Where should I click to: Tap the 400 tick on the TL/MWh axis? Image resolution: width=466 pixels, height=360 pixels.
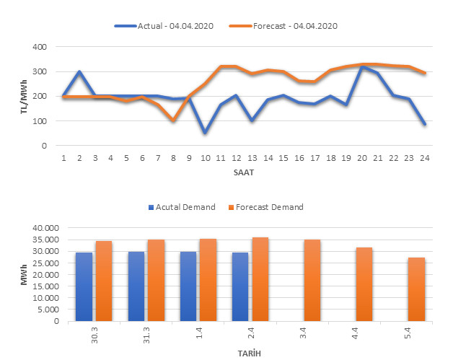tap(40, 47)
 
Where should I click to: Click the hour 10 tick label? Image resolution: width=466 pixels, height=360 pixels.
tap(205, 157)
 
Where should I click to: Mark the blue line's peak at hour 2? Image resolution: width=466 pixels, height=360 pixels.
tap(79, 71)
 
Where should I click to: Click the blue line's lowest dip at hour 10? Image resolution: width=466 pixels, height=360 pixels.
tap(205, 133)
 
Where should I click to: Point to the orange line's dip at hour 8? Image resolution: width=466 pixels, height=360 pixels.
tap(173, 120)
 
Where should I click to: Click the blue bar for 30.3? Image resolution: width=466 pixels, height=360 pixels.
tap(84, 286)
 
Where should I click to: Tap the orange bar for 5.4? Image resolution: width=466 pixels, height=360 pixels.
tap(416, 289)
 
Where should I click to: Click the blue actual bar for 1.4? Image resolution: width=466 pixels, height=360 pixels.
tap(189, 286)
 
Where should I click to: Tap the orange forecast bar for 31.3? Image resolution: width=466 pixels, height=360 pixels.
tap(155, 280)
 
